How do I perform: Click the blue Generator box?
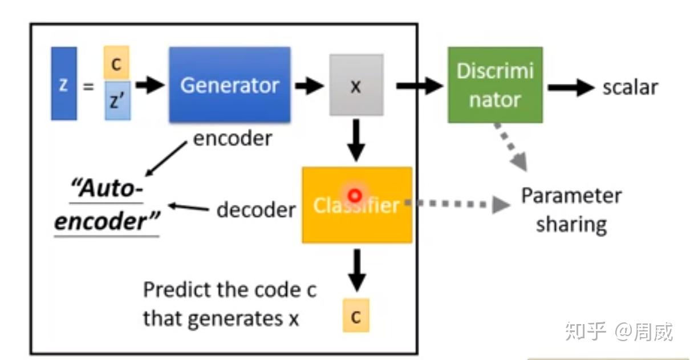[x=230, y=85]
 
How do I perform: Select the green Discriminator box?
[x=496, y=85]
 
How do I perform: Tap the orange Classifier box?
[x=358, y=205]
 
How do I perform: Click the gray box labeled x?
[x=356, y=85]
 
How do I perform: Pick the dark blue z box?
[x=64, y=83]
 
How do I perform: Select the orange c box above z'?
[x=116, y=63]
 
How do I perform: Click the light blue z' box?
[x=117, y=100]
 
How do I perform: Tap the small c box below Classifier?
[x=356, y=315]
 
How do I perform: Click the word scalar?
[x=630, y=87]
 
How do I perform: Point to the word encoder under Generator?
[x=233, y=139]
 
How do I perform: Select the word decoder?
[x=256, y=210]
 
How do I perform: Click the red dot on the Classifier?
[x=355, y=196]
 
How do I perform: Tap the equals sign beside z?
[x=88, y=87]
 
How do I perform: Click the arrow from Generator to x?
[x=309, y=86]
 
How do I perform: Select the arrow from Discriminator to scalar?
[x=571, y=87]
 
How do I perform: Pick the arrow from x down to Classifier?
[x=356, y=140]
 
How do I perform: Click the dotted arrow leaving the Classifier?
[x=458, y=204]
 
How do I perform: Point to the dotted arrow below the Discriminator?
[x=512, y=147]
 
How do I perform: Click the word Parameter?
[x=571, y=196]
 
